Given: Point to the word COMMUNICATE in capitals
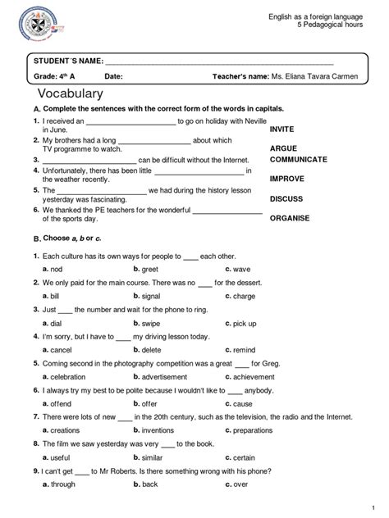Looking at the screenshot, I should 299,159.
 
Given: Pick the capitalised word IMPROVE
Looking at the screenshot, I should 287,178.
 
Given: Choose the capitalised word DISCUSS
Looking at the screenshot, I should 286,198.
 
